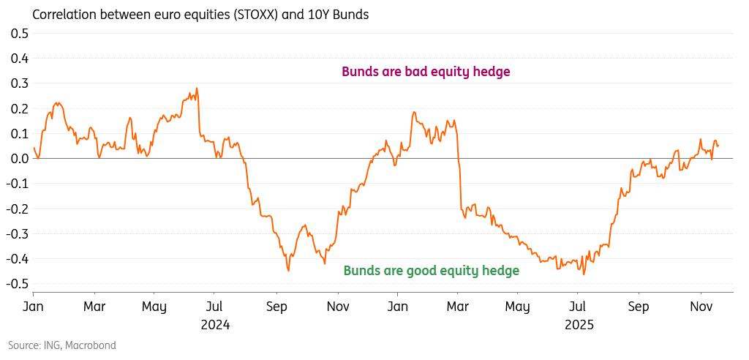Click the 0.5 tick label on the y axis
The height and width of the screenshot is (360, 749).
tap(19, 34)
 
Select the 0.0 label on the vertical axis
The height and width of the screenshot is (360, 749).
tap(19, 159)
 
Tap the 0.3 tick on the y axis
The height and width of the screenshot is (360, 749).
tap(19, 83)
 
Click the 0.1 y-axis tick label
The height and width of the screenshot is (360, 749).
tap(19, 134)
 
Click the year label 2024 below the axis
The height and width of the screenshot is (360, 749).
tap(215, 325)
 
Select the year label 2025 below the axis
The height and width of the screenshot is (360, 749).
tap(579, 325)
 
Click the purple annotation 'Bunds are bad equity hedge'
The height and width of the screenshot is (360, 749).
tap(426, 72)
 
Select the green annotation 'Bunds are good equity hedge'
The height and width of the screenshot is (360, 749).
tap(431, 271)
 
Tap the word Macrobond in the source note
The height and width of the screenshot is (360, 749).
tap(91, 345)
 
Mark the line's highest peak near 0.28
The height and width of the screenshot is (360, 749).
tap(197, 89)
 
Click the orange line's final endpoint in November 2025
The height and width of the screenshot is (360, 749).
tap(718, 146)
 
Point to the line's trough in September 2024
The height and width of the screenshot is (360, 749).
tap(289, 271)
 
